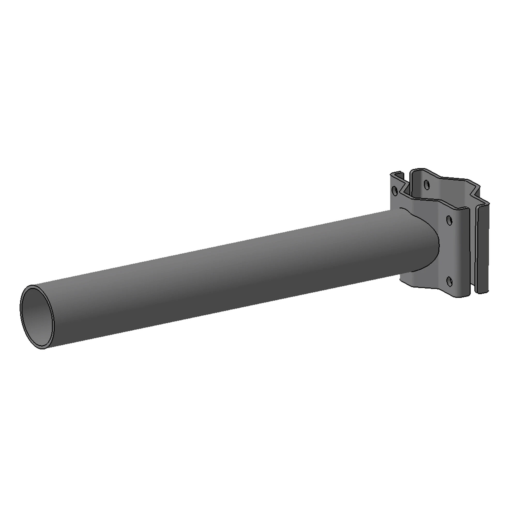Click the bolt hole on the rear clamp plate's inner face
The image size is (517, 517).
tap(427, 185)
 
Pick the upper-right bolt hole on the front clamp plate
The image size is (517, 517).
tap(450, 221)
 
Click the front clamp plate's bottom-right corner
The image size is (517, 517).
tap(467, 296)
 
